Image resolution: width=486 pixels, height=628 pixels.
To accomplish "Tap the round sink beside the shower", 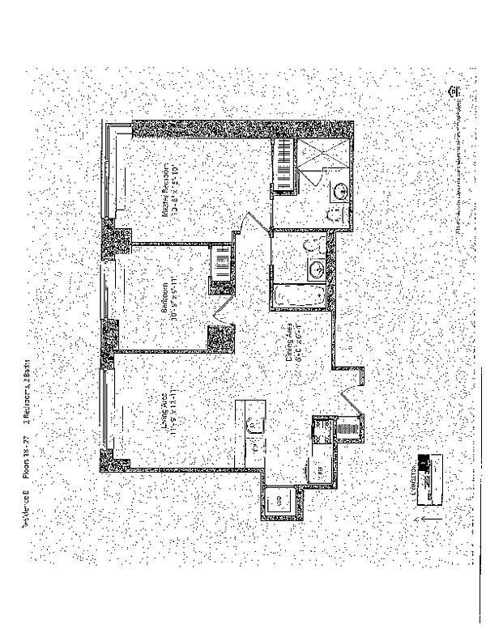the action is (341, 191).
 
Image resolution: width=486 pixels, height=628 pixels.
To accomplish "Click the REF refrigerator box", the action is (320, 469).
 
